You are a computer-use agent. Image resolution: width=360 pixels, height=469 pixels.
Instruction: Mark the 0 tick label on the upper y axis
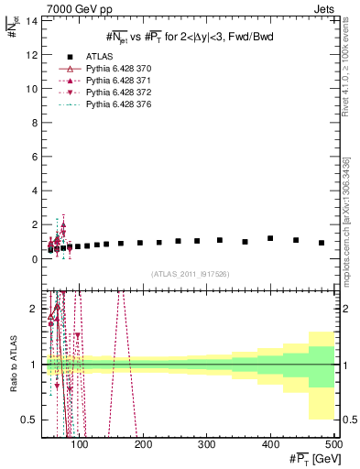[x=37, y=259]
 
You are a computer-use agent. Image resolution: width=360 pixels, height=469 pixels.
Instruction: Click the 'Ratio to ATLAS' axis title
[x=12, y=364]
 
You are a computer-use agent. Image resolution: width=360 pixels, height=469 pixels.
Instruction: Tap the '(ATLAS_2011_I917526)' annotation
[x=190, y=275]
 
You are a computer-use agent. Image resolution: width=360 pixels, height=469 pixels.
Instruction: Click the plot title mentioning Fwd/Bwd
[x=189, y=36]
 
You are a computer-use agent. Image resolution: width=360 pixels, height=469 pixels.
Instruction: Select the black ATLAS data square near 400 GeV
[x=270, y=238]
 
